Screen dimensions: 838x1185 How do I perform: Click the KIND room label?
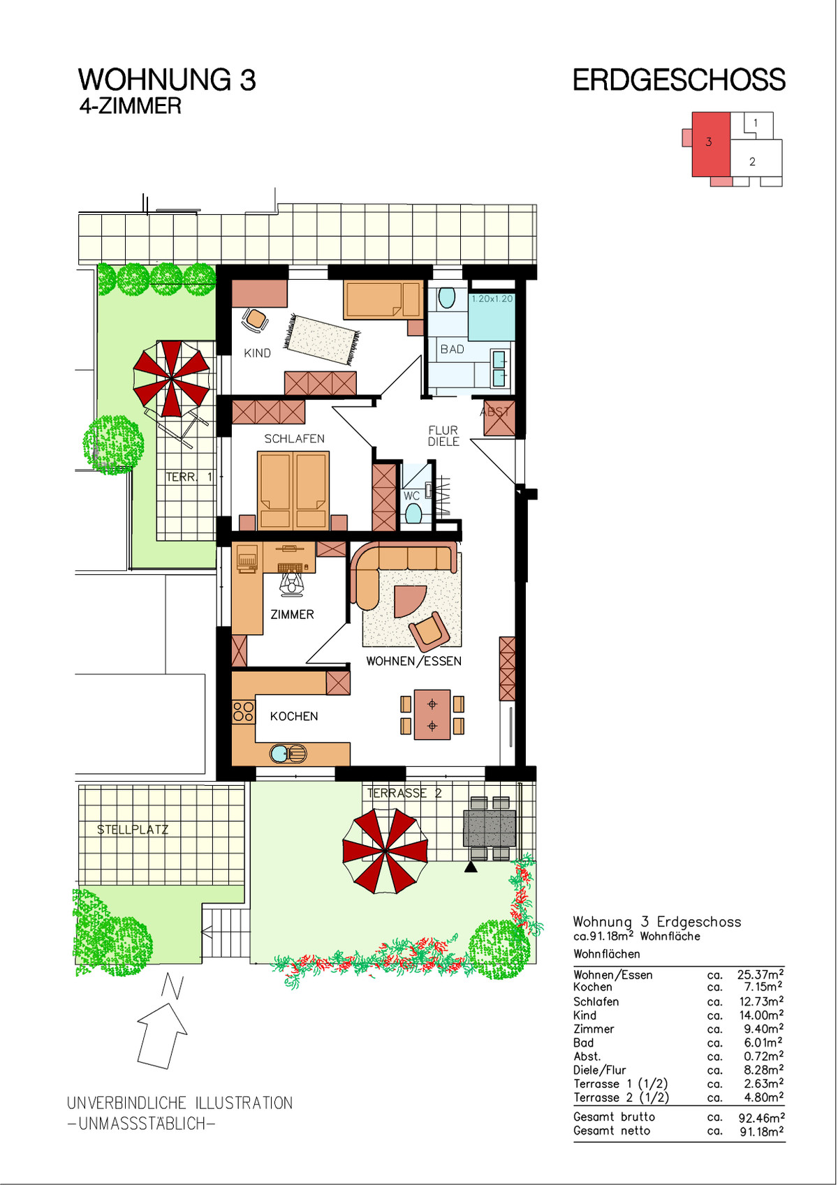click(257, 353)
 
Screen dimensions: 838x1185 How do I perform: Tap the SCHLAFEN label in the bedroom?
click(294, 438)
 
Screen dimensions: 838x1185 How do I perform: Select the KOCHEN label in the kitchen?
click(294, 716)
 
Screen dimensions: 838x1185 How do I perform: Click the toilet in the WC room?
click(413, 513)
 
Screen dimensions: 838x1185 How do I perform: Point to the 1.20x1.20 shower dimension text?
click(492, 299)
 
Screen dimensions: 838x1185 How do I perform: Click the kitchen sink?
click(288, 753)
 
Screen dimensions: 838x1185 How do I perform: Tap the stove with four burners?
click(244, 711)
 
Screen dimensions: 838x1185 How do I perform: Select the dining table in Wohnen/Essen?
click(432, 714)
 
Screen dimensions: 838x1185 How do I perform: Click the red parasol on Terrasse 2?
click(385, 851)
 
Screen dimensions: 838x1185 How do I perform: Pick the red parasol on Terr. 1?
click(172, 379)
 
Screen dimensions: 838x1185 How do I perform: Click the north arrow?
click(162, 1035)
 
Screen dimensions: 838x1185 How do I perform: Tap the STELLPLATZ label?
click(133, 830)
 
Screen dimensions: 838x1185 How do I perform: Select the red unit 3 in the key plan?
click(711, 144)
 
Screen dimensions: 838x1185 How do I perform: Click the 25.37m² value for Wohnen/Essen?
click(760, 974)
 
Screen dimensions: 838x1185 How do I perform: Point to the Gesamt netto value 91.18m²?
click(762, 1131)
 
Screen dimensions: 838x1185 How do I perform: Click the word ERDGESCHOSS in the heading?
click(679, 80)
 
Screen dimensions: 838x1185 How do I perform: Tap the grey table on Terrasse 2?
click(489, 828)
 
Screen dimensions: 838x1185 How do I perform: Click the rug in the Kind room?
click(323, 339)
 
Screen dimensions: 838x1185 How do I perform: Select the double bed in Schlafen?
click(293, 490)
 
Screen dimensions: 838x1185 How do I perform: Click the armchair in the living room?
click(429, 631)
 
